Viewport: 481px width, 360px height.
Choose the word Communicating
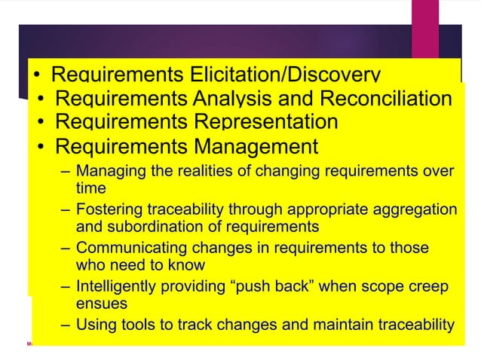[x=129, y=248]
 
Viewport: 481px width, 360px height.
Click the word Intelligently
[x=120, y=287]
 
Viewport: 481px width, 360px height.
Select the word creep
[x=427, y=287]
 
